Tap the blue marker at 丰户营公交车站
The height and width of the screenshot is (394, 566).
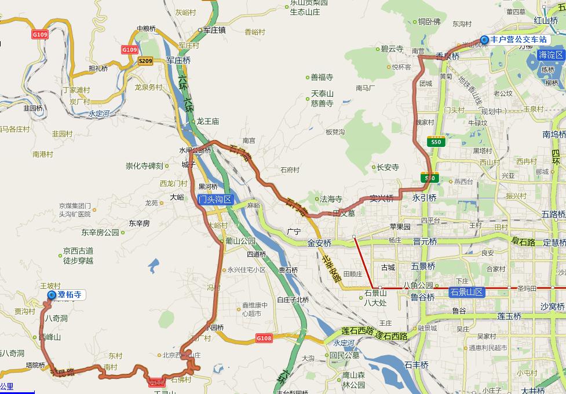tap(484, 39)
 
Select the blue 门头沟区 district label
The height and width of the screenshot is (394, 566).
tap(214, 200)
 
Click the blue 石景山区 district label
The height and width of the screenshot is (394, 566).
tap(467, 292)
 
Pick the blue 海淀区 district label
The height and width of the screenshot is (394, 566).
tap(550, 55)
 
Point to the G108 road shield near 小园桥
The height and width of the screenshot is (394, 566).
tap(264, 337)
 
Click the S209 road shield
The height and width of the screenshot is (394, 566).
tap(145, 61)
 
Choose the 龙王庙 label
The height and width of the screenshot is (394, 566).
tap(207, 121)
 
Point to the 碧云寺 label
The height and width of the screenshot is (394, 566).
tap(392, 49)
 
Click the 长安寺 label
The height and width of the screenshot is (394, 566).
tap(388, 167)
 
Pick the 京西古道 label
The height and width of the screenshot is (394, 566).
tap(78, 251)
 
